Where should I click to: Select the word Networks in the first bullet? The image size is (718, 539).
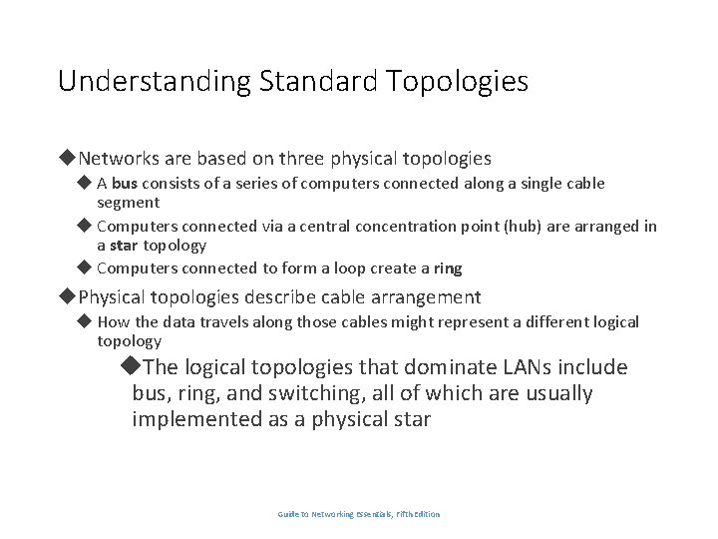[x=118, y=159]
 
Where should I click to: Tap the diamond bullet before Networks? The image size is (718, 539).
[x=68, y=158]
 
